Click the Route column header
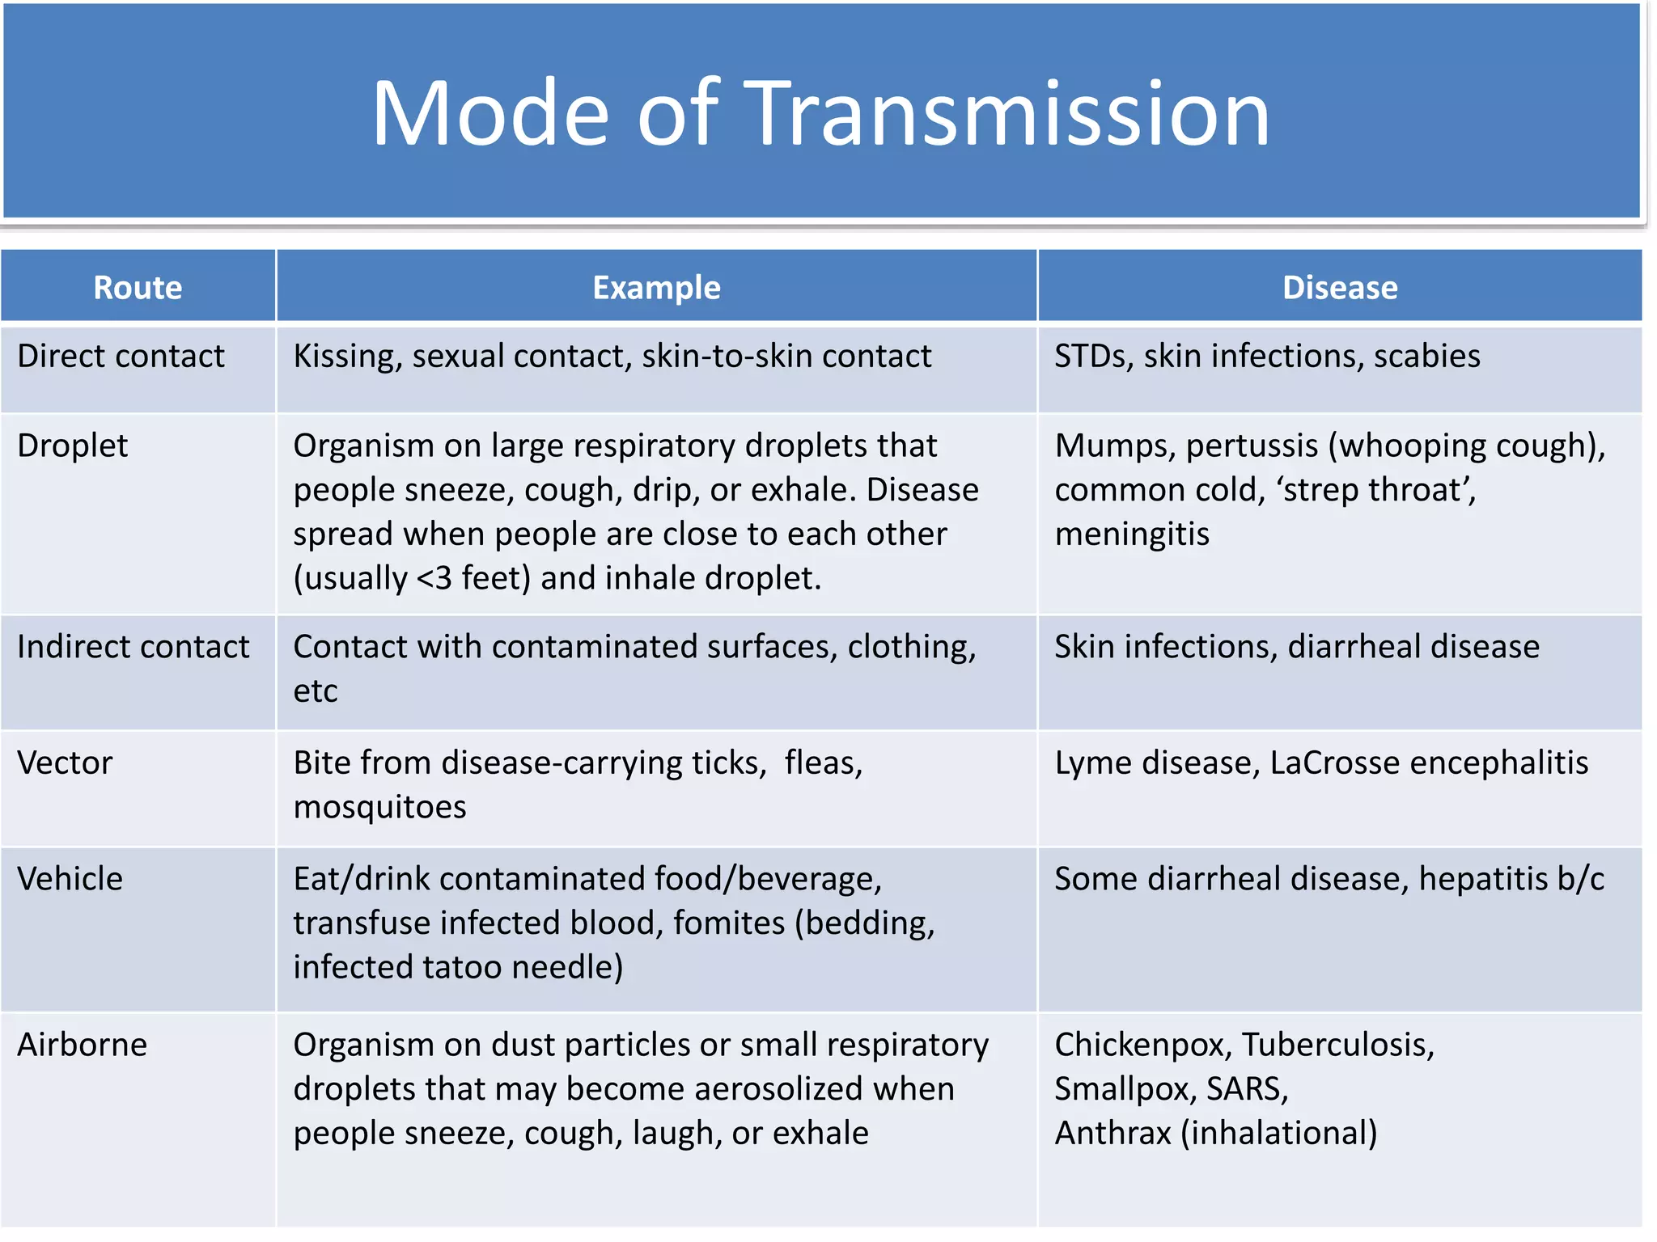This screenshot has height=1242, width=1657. pos(138,288)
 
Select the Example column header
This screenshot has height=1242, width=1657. pos(656,288)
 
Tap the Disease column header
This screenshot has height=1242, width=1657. pos(1339,288)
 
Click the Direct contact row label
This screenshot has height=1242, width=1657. pos(121,357)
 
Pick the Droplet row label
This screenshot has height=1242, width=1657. pos(73,446)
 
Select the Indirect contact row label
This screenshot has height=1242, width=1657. pos(133,647)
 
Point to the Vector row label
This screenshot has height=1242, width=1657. pos(65,763)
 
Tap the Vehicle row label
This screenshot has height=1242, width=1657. pos(70,879)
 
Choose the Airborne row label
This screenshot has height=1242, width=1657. pos(83,1045)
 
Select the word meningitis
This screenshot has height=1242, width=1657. pos(1132,534)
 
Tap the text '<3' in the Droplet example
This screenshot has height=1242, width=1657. pos(434,579)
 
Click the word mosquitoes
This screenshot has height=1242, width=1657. pos(379,808)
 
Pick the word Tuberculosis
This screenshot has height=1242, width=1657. pos(1337,1045)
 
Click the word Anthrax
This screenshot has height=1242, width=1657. pos(1112,1134)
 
